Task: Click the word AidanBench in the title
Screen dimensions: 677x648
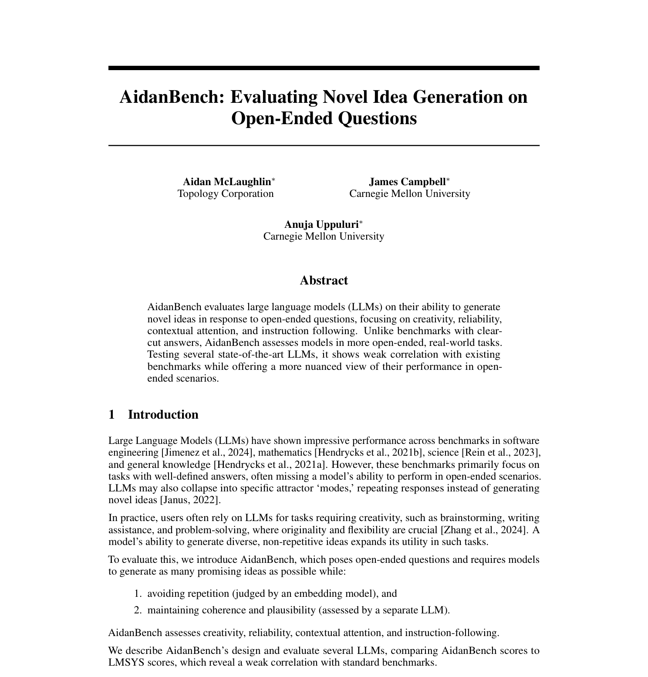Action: pos(171,97)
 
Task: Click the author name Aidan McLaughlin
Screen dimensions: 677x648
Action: pos(226,182)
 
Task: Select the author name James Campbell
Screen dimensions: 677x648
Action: pos(407,182)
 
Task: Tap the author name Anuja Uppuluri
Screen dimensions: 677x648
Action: pos(321,224)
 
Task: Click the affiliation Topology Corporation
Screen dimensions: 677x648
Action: pos(226,193)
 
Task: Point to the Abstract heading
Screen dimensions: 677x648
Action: pos(324,280)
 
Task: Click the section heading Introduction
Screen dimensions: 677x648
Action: pos(163,414)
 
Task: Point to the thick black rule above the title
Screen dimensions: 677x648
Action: pos(324,68)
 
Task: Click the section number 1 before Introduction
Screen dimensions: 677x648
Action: pos(112,414)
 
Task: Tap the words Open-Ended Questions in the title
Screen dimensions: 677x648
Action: pos(324,118)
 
